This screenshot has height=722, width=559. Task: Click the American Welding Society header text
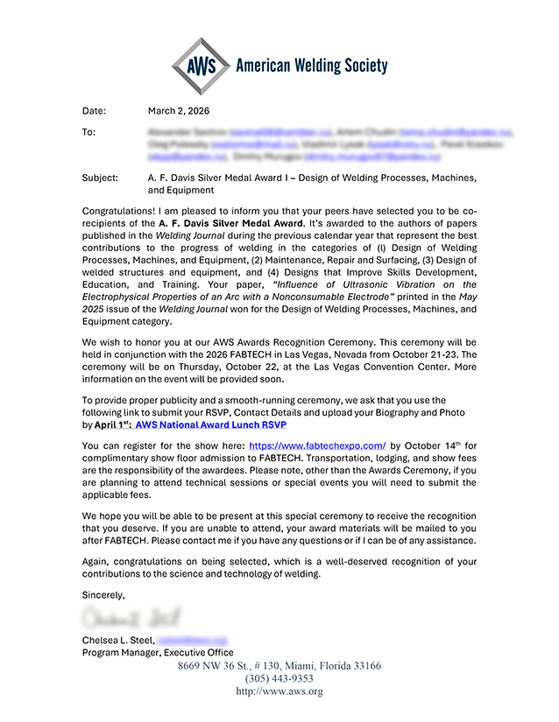pyautogui.click(x=311, y=66)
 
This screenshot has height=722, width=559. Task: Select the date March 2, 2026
pyautogui.click(x=179, y=111)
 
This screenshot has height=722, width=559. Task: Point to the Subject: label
pyautogui.click(x=100, y=178)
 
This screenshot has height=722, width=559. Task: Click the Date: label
pyautogui.click(x=94, y=111)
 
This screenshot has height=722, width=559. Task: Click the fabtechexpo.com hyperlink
pyautogui.click(x=317, y=445)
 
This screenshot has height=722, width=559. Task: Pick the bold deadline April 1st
pyautogui.click(x=110, y=424)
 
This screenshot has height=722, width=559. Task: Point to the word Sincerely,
pyautogui.click(x=103, y=595)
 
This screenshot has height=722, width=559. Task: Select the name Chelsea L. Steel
pyautogui.click(x=117, y=641)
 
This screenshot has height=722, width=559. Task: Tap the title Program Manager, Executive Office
pyautogui.click(x=158, y=653)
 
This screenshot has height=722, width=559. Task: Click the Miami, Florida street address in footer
pyautogui.click(x=279, y=666)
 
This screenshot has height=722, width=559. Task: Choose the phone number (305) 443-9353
pyautogui.click(x=279, y=678)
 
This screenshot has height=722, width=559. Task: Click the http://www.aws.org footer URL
pyautogui.click(x=279, y=691)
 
